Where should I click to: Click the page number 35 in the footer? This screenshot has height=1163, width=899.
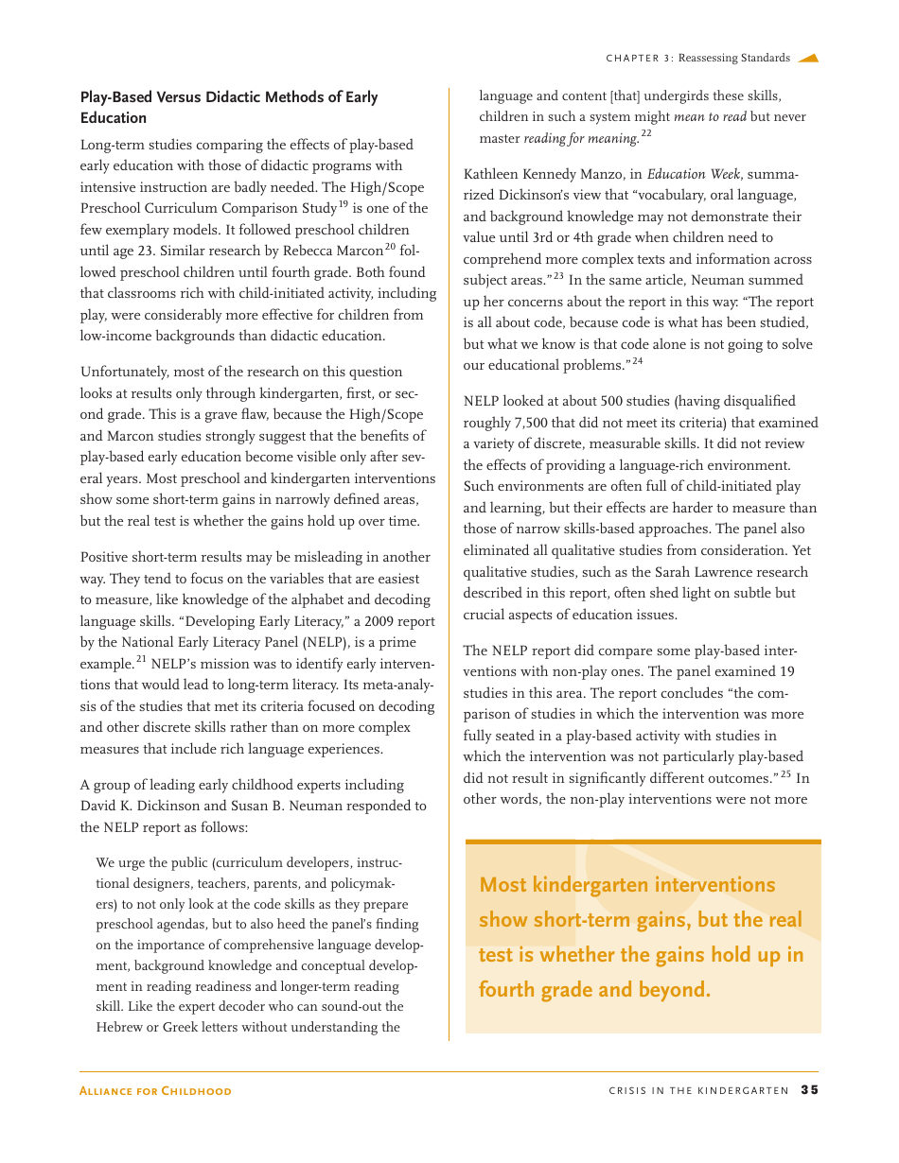pyautogui.click(x=809, y=1090)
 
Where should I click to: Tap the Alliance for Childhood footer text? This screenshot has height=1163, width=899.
pyautogui.click(x=155, y=1091)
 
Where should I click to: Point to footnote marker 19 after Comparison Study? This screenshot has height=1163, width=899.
pyautogui.click(x=344, y=204)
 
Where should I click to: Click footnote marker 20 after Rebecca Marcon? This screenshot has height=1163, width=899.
pyautogui.click(x=390, y=247)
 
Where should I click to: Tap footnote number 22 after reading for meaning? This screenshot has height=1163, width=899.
pyautogui.click(x=646, y=133)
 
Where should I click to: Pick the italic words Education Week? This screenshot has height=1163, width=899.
pyautogui.click(x=694, y=174)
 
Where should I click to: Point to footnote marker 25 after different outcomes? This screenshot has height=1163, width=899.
pyautogui.click(x=785, y=774)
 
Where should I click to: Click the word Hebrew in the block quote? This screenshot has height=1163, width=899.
pyautogui.click(x=119, y=1027)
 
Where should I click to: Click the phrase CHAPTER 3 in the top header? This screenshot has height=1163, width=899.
pyautogui.click(x=639, y=59)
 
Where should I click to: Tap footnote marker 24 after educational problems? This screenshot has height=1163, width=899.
pyautogui.click(x=638, y=361)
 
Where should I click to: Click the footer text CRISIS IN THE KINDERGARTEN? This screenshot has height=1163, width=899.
pyautogui.click(x=698, y=1091)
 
